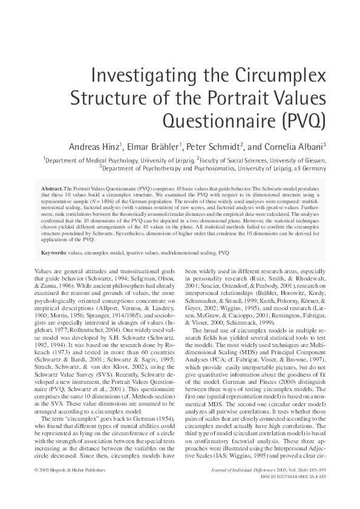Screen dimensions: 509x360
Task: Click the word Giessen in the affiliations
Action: click(310, 160)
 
